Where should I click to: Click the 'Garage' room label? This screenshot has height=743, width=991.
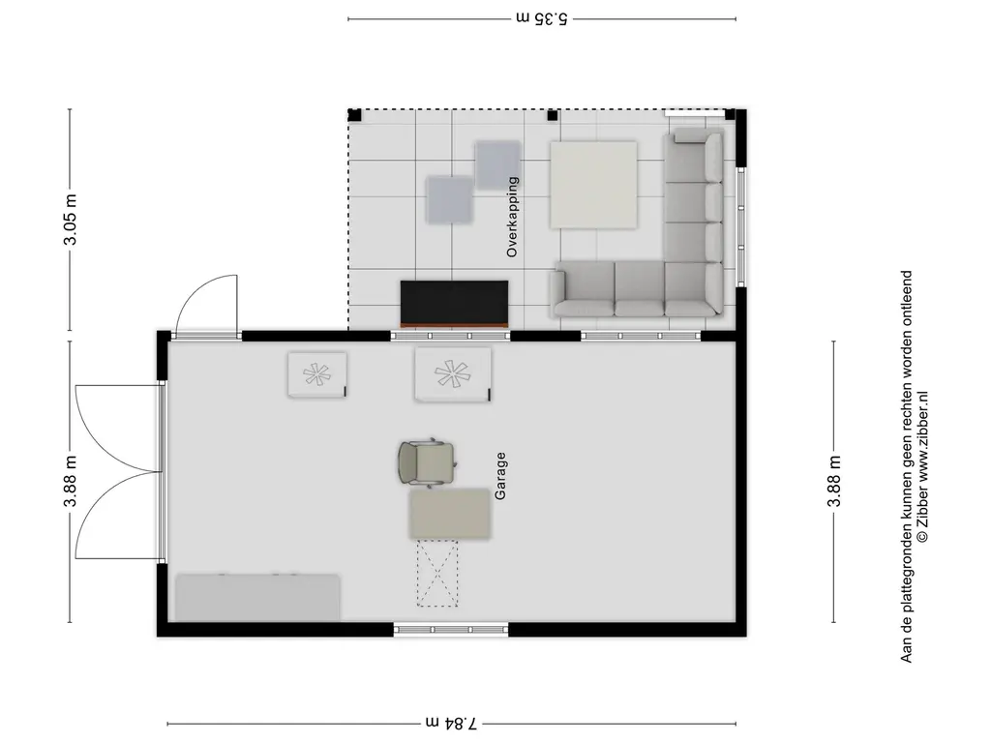pos(500,476)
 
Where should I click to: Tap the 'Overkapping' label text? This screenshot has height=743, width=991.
pos(513,216)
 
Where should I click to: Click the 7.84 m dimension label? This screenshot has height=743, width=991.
pos(451,723)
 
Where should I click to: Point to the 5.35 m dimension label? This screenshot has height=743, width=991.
pos(542,17)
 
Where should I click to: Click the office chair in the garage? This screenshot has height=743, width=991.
pos(425,461)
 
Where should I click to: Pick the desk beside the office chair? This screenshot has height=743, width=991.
pos(450,514)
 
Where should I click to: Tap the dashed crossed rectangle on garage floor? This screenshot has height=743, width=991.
pos(438,573)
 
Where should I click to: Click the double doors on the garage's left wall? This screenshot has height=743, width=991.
pos(117,473)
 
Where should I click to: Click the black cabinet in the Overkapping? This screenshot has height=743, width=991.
pos(454,303)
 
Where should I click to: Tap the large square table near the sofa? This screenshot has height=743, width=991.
pos(593,185)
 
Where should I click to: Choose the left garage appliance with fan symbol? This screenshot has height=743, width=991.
pos(317,373)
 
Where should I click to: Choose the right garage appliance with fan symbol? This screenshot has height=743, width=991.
pos(452,374)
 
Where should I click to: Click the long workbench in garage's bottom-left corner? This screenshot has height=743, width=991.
pos(257,597)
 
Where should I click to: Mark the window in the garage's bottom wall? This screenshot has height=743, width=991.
pos(451,629)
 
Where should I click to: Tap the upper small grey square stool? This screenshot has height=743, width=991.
pos(497,164)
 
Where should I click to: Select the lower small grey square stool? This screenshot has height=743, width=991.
pos(450,199)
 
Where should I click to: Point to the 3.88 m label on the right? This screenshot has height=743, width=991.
pos(833,481)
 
